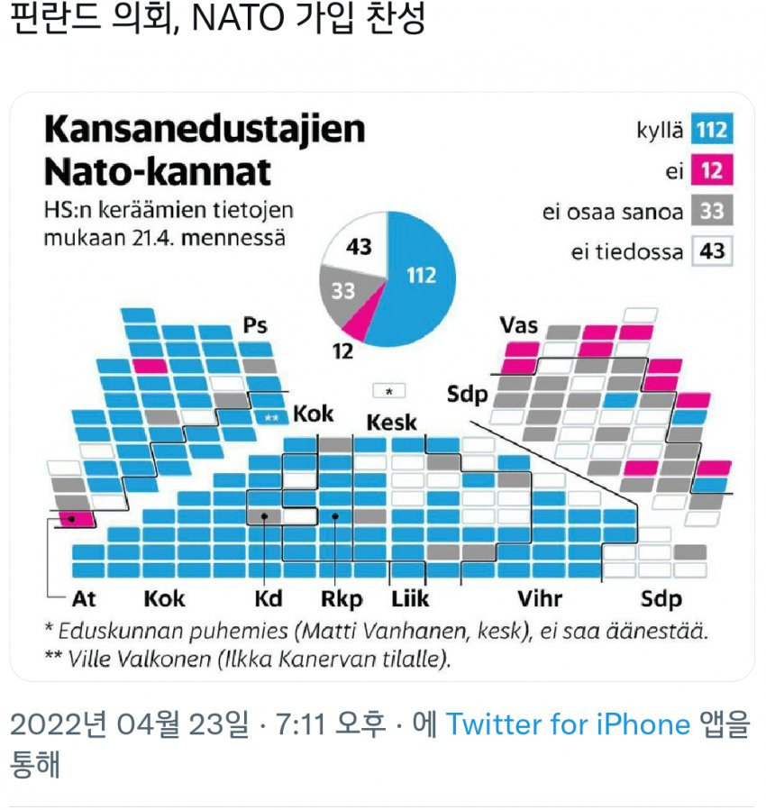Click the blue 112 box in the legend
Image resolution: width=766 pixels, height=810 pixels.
click(x=711, y=132)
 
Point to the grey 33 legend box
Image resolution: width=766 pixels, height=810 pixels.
click(x=711, y=212)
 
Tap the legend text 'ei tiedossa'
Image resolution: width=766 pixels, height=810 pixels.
click(x=626, y=251)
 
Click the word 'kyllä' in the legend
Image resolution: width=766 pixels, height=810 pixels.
click(x=661, y=132)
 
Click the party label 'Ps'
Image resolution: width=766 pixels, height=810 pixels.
click(x=255, y=325)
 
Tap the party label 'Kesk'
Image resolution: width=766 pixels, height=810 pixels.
click(x=391, y=423)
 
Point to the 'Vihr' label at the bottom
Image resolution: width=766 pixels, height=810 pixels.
click(x=540, y=598)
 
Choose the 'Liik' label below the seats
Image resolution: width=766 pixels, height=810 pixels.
click(x=410, y=598)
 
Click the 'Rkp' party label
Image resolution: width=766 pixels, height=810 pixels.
click(x=342, y=598)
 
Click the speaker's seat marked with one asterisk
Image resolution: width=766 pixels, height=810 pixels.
click(x=389, y=391)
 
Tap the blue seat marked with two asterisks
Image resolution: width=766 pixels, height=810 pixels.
click(x=270, y=417)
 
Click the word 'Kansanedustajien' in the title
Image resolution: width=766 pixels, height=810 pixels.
click(x=205, y=130)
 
